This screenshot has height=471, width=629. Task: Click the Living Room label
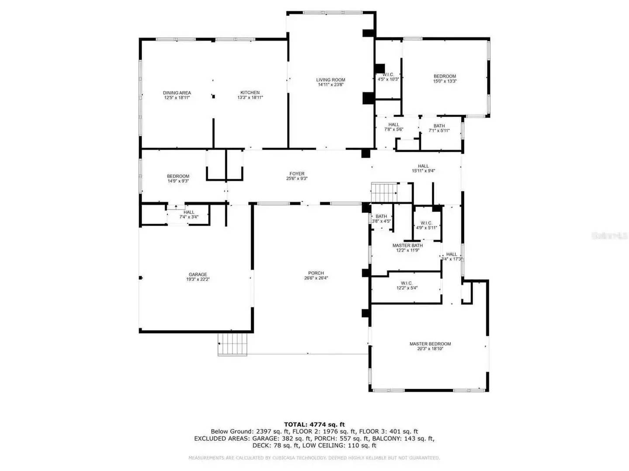pyautogui.click(x=331, y=80)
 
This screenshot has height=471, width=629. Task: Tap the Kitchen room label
pyautogui.click(x=250, y=92)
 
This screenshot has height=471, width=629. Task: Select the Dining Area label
pyautogui.click(x=177, y=92)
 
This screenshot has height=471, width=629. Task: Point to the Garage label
pyautogui.click(x=198, y=274)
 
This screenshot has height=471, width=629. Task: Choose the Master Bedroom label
pyautogui.click(x=430, y=344)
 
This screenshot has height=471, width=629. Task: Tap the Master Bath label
pyautogui.click(x=408, y=246)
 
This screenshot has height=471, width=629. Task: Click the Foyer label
pyautogui.click(x=297, y=174)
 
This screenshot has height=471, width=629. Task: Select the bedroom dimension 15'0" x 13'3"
pyautogui.click(x=445, y=81)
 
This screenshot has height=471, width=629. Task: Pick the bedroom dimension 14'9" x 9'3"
pyautogui.click(x=178, y=181)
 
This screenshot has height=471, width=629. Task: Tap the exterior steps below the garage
pyautogui.click(x=233, y=345)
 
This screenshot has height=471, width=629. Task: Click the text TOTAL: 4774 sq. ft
pyautogui.click(x=314, y=424)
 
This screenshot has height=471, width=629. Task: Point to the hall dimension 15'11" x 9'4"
pyautogui.click(x=423, y=171)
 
